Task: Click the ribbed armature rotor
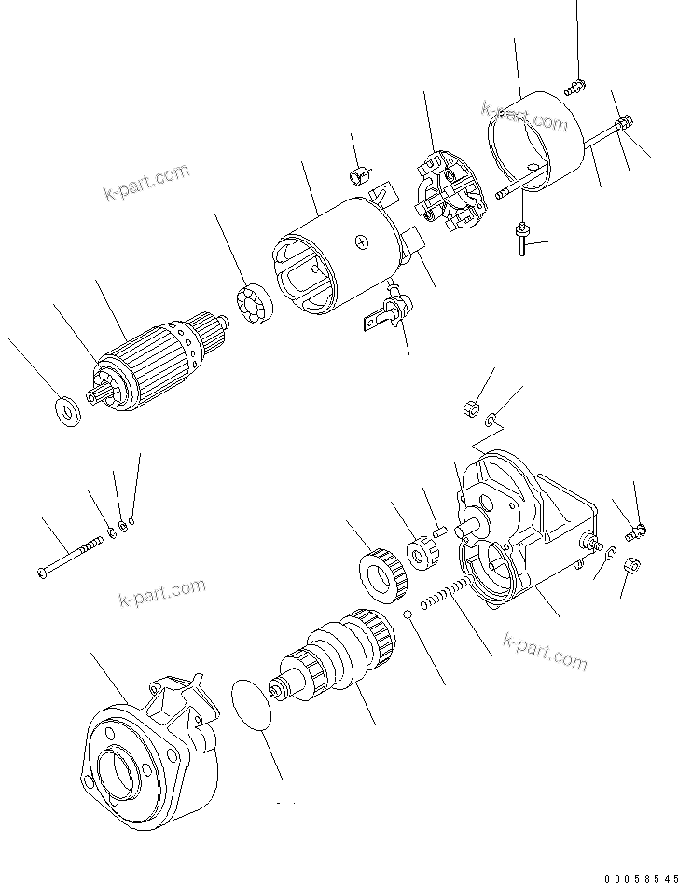149,359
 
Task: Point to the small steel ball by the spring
408,613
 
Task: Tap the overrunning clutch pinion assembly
336,657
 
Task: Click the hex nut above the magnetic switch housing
471,407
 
